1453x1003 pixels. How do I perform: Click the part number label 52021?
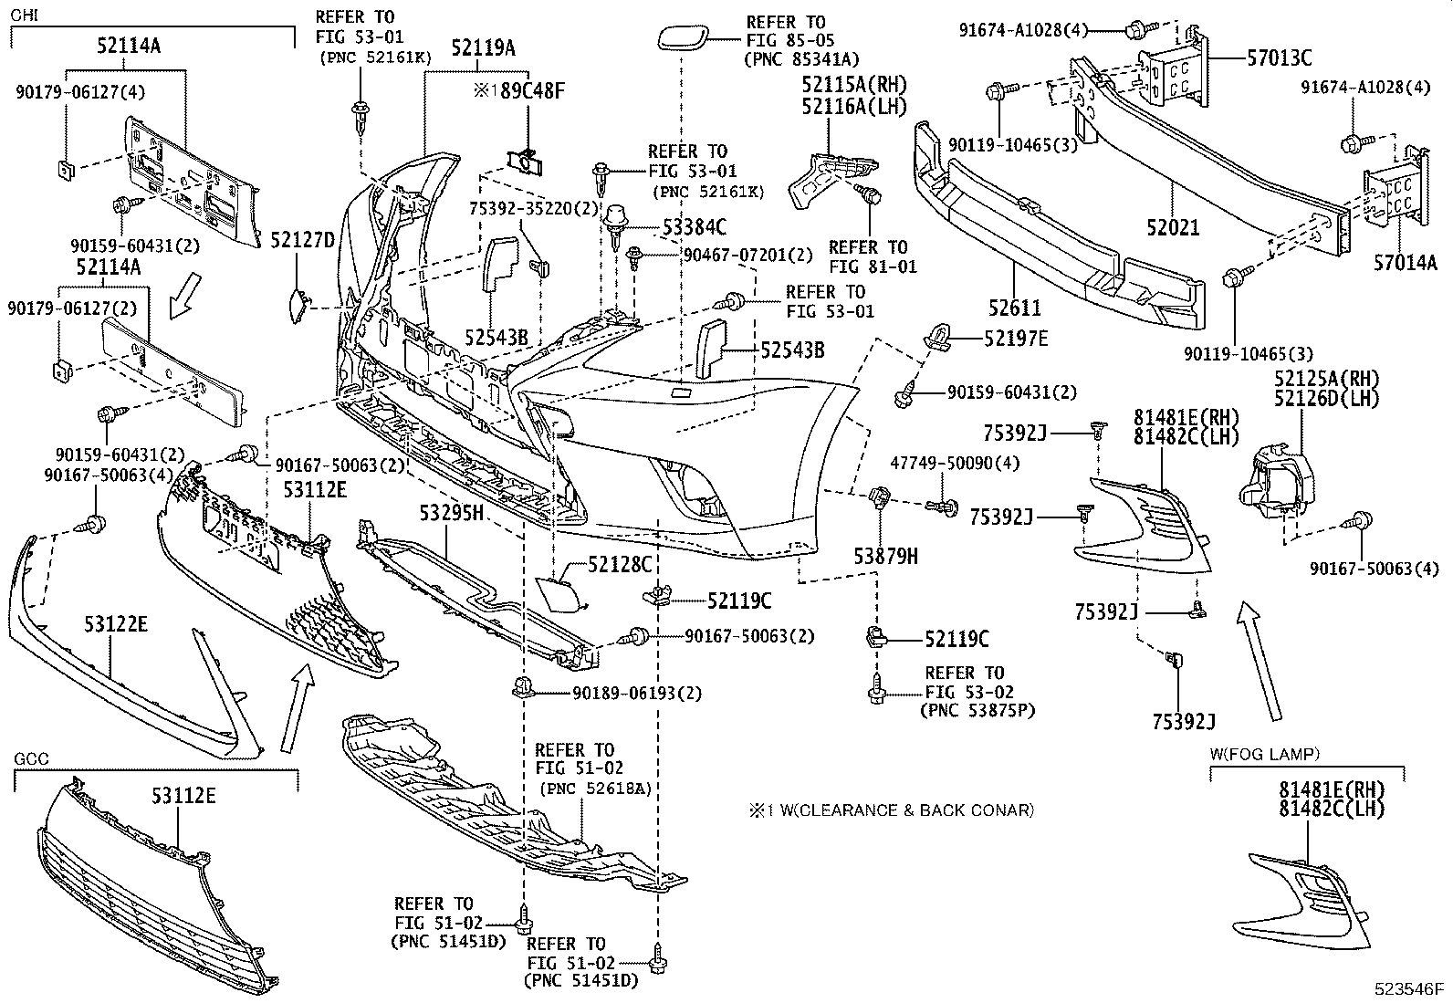coord(1172,228)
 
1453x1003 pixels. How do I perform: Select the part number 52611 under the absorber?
coord(1014,308)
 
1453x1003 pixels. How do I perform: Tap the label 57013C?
coord(1280,58)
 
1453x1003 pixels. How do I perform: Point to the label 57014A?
coord(1405,265)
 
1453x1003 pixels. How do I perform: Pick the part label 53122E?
coord(117,624)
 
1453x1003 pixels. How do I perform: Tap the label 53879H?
coord(885,555)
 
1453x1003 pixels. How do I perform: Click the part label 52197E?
coord(1016,339)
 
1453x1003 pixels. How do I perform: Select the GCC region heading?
coord(32,759)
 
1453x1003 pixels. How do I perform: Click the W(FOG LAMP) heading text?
coord(1265,754)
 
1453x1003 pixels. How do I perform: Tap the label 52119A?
coord(483,48)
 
